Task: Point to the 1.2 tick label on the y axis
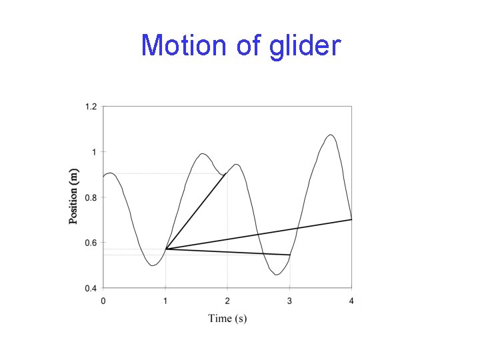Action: pyautogui.click(x=90, y=107)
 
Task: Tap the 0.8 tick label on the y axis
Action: pyautogui.click(x=90, y=197)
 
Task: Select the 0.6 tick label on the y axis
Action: pyautogui.click(x=90, y=243)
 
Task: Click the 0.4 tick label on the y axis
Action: pyautogui.click(x=90, y=288)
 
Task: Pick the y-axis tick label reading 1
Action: pyautogui.click(x=94, y=152)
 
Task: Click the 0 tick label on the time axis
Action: pyautogui.click(x=103, y=301)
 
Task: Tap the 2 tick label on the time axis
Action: pyautogui.click(x=227, y=301)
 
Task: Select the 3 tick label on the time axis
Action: pyautogui.click(x=289, y=301)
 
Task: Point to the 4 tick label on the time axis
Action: pyautogui.click(x=351, y=301)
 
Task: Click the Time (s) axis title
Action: pyautogui.click(x=227, y=318)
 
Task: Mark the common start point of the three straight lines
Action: pyautogui.click(x=165, y=249)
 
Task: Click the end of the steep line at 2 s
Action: pyautogui.click(x=227, y=173)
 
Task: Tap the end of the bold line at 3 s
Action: pyautogui.click(x=289, y=255)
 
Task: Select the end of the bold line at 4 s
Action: pyautogui.click(x=351, y=219)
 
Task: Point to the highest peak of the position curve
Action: pyautogui.click(x=330, y=135)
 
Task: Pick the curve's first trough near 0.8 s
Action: pyautogui.click(x=153, y=265)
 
